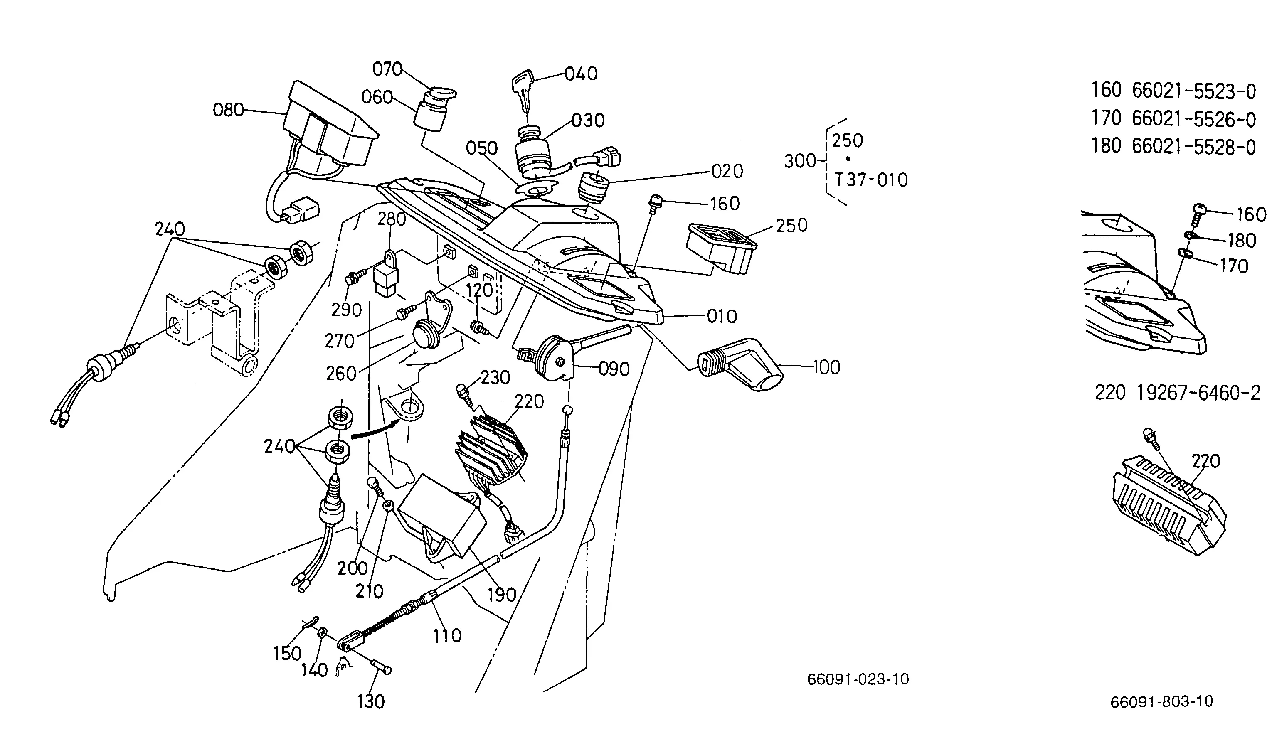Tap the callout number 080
click(228, 110)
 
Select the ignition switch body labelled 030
click(534, 154)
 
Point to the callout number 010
click(722, 317)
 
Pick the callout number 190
click(502, 595)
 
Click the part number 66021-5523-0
click(1194, 91)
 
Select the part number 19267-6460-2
click(1198, 393)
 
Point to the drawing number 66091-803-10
click(1162, 702)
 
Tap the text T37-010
click(871, 180)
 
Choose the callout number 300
click(800, 161)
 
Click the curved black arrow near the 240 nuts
click(374, 429)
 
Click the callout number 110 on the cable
click(447, 636)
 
